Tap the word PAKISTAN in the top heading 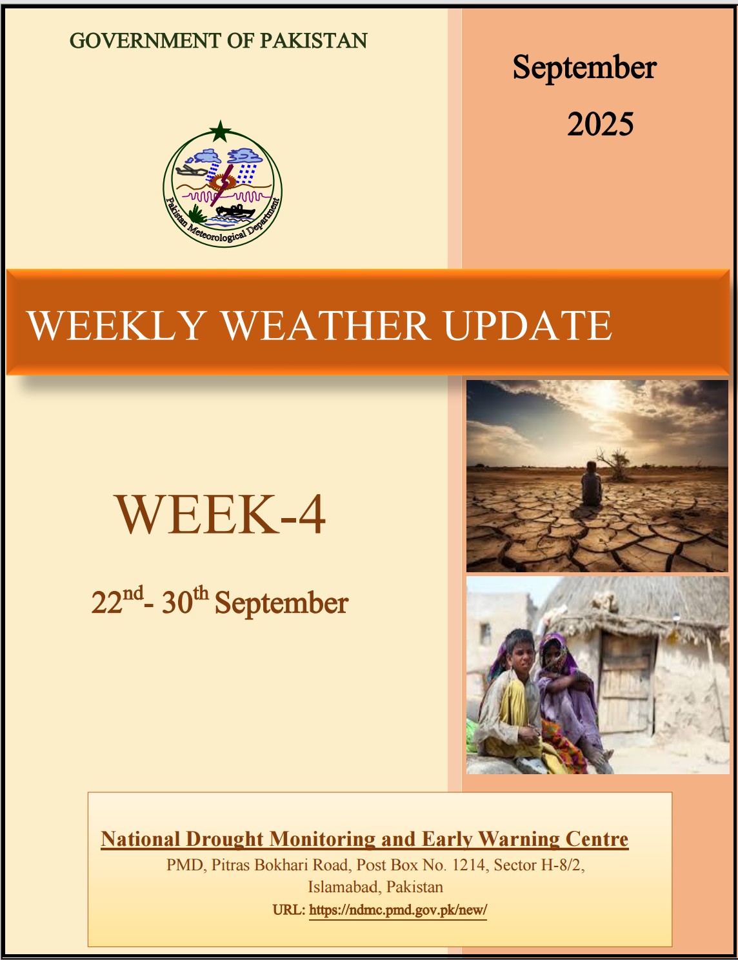pos(314,41)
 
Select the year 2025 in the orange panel pos(600,124)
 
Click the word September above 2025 pos(584,68)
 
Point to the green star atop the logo pos(220,131)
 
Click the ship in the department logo pos(235,211)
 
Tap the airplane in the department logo pos(190,170)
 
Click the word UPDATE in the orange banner pos(528,326)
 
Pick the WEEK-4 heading pos(221,514)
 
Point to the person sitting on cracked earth pos(591,485)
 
